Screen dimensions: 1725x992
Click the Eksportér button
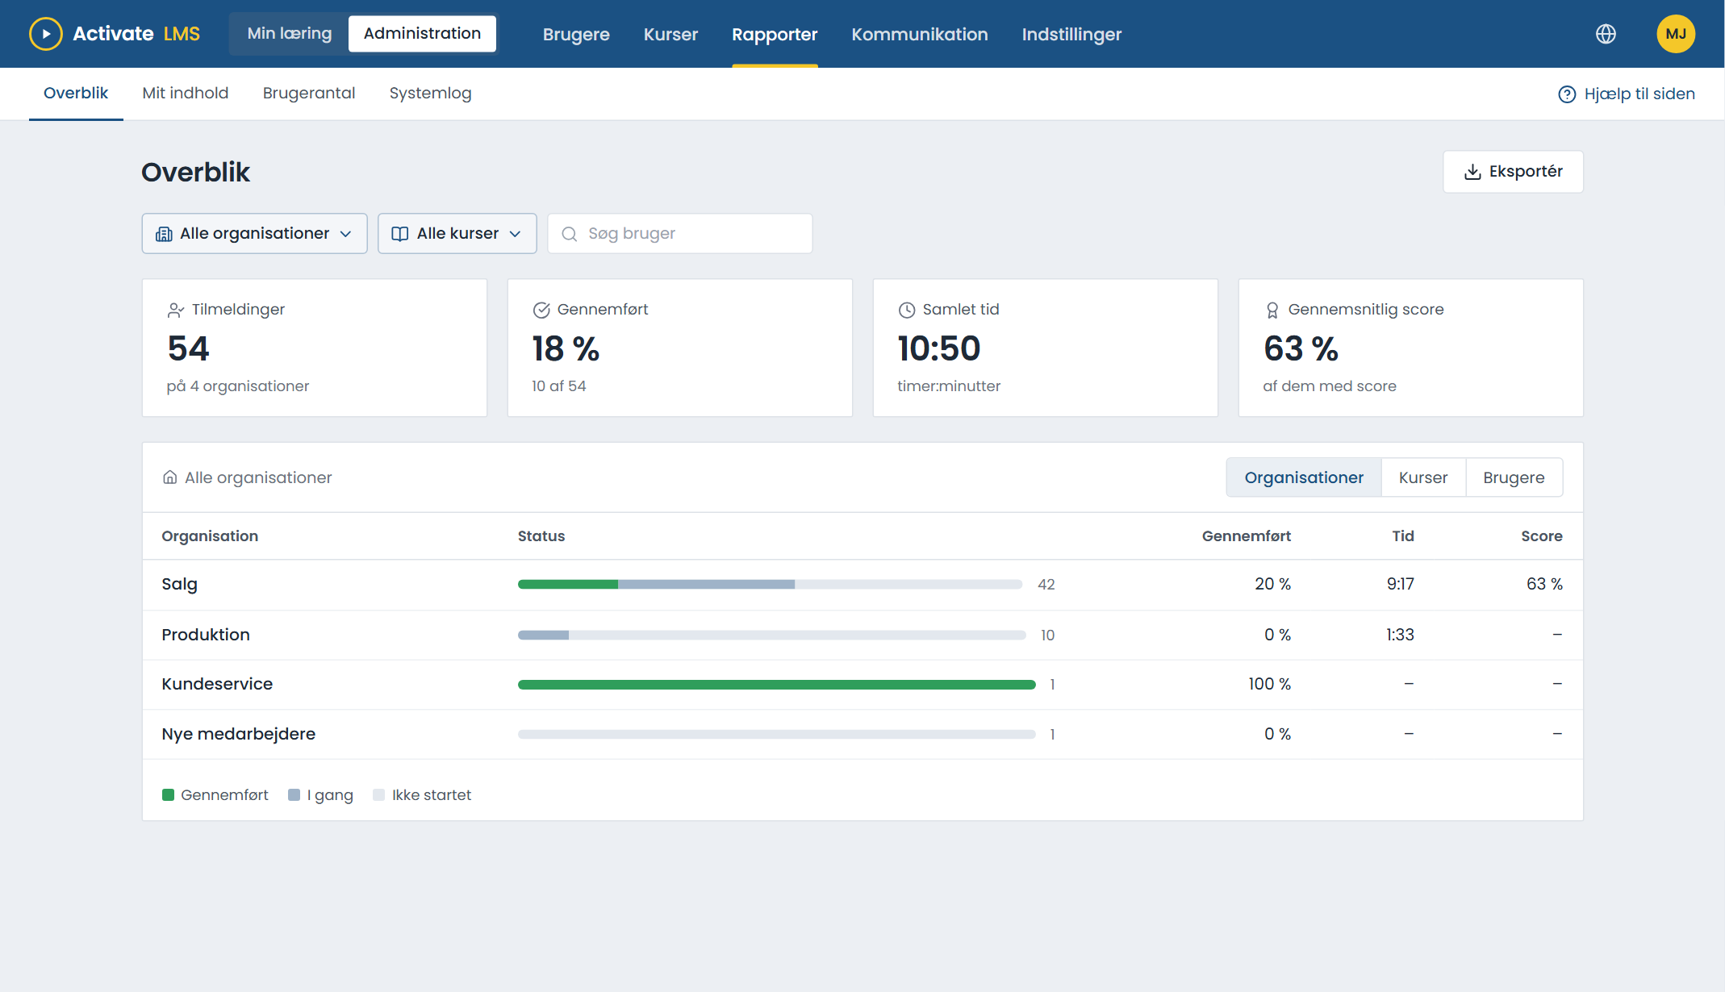click(x=1513, y=172)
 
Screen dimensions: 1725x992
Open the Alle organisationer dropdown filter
click(x=254, y=234)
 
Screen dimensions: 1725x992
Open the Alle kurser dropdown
click(x=457, y=234)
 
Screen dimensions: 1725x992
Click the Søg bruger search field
click(x=679, y=234)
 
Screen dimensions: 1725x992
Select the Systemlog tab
click(x=430, y=94)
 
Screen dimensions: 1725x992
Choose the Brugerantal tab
click(x=309, y=94)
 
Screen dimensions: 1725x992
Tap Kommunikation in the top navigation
click(x=920, y=35)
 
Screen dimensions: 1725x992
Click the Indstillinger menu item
click(x=1071, y=35)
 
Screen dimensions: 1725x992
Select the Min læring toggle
click(x=290, y=34)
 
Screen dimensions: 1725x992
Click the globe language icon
click(x=1606, y=34)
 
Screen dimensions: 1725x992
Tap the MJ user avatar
click(x=1676, y=34)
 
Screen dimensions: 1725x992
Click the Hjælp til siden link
click(x=1627, y=94)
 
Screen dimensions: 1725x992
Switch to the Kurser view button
click(x=1423, y=477)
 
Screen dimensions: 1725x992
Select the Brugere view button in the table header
click(x=1514, y=477)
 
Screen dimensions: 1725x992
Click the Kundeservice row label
click(x=217, y=684)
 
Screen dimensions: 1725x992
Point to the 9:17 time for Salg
click(x=1401, y=584)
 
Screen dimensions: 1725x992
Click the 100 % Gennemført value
click(x=1269, y=684)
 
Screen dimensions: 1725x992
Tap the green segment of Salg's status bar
click(x=568, y=584)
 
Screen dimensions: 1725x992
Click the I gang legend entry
click(x=320, y=795)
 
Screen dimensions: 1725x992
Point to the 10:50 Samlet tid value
click(x=938, y=348)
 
